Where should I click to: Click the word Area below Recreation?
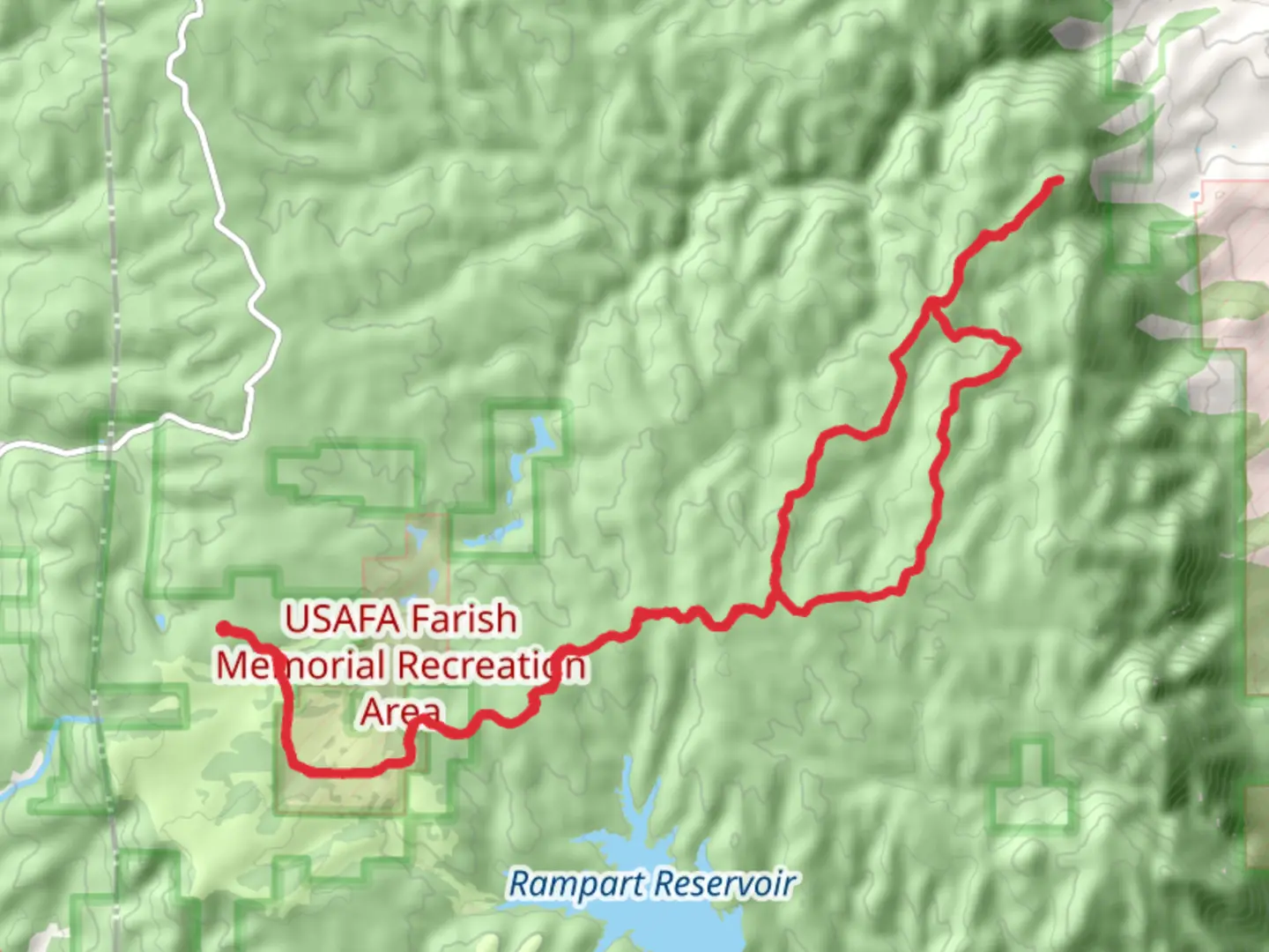[401, 711]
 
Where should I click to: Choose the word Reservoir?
[726, 883]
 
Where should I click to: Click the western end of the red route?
[224, 628]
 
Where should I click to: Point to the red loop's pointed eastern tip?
[1018, 349]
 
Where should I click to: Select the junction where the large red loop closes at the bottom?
[776, 605]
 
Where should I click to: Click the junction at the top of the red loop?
[931, 305]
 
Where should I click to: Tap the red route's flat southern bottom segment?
[344, 772]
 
